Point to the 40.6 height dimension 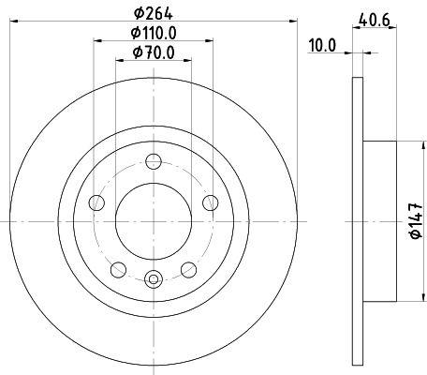(373, 17)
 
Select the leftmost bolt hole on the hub (96, 202)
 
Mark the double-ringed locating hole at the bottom (155, 277)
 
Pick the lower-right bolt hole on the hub (190, 270)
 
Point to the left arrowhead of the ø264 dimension (16, 22)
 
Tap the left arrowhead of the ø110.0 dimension (98, 41)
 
